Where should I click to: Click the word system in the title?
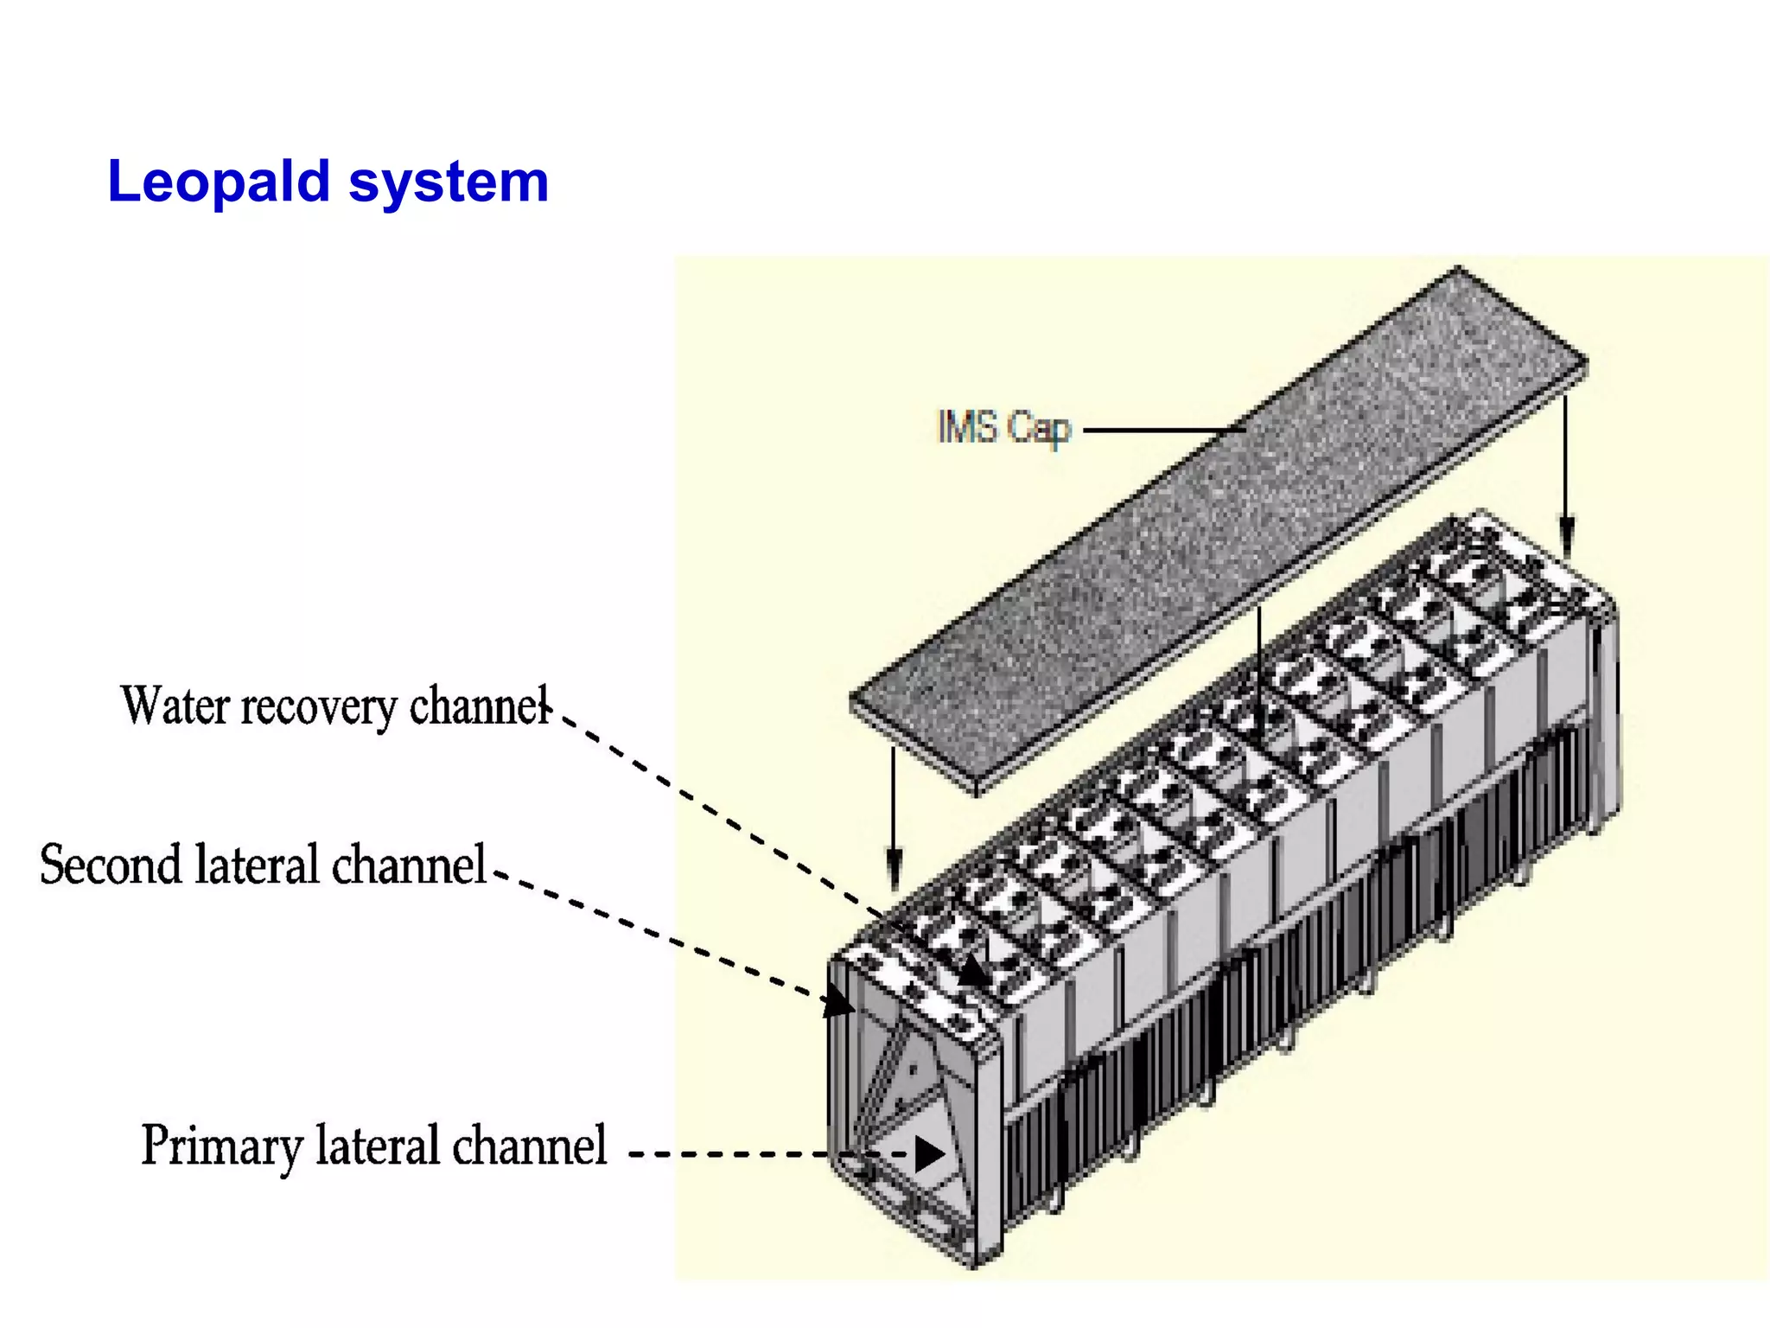click(x=449, y=182)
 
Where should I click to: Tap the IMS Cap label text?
click(x=1003, y=427)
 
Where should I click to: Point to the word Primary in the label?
click(x=220, y=1146)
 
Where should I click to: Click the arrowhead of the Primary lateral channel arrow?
click(x=928, y=1153)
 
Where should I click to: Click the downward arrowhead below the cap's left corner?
click(x=894, y=869)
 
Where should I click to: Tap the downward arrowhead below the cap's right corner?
click(x=1566, y=532)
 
